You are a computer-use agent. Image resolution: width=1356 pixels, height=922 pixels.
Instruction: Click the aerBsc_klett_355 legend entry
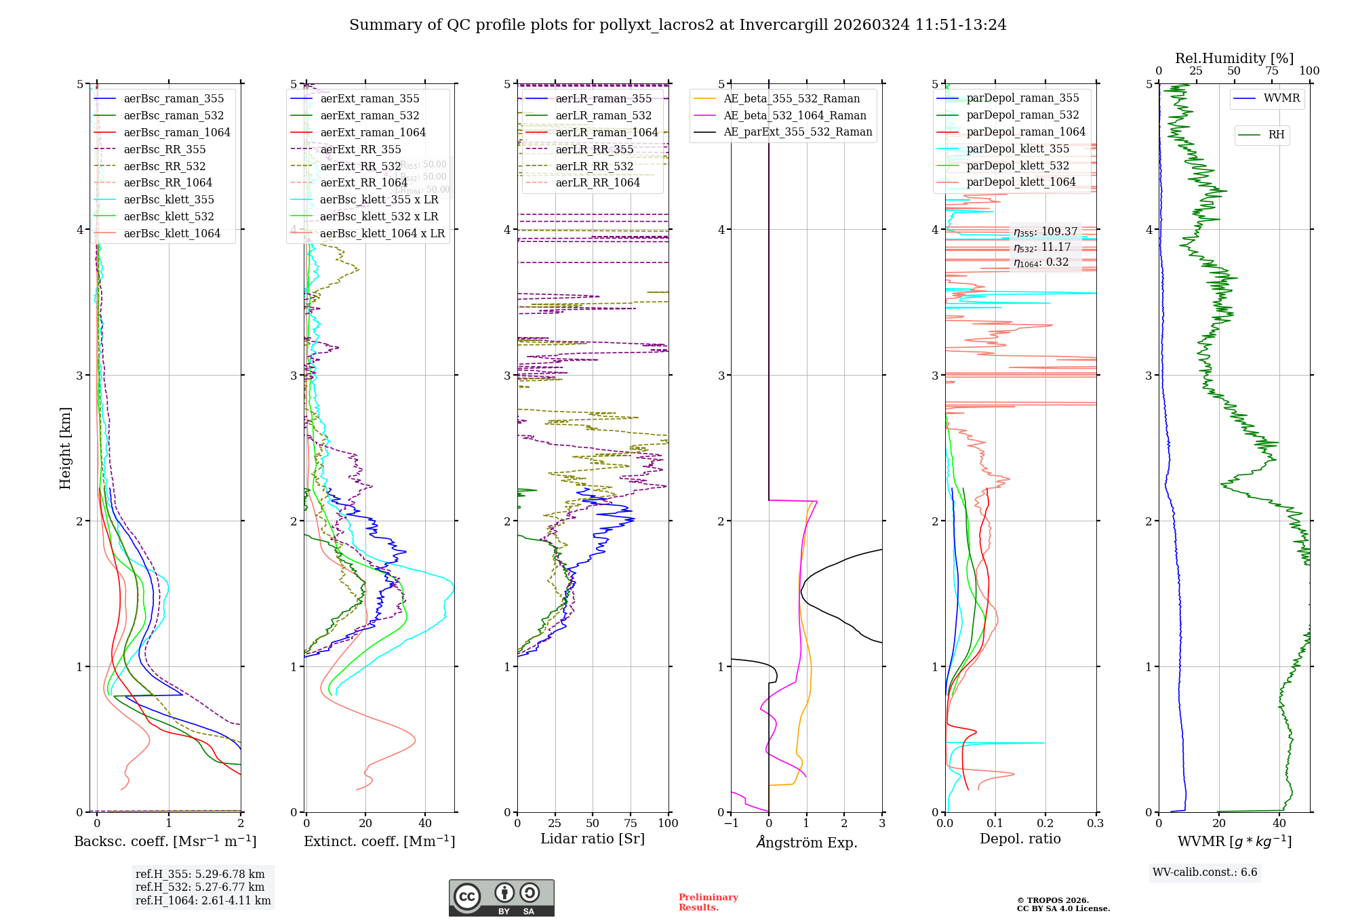(168, 200)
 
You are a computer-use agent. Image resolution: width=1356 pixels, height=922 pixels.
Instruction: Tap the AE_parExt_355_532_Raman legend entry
(797, 132)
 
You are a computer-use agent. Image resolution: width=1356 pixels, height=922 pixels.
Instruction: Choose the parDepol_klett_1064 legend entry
(1020, 182)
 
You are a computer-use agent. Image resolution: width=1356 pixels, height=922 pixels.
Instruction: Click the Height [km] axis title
(65, 448)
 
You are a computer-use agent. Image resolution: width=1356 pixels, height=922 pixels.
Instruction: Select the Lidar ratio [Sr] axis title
(592, 839)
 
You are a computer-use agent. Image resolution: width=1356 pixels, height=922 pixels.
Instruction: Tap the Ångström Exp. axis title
(806, 842)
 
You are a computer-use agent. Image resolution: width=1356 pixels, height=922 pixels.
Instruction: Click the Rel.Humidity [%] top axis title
(1234, 58)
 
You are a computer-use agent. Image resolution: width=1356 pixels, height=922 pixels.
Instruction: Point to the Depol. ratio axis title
(1020, 839)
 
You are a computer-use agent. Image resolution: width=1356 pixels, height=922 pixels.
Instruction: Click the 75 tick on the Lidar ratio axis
(631, 823)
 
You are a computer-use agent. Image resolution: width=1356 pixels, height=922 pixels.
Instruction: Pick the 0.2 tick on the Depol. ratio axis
(1045, 823)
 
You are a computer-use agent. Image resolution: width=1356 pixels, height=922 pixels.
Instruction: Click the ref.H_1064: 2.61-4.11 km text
(203, 901)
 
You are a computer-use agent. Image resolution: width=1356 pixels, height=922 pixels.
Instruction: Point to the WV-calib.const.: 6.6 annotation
(1205, 873)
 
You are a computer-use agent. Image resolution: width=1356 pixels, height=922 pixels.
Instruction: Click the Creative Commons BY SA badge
(501, 898)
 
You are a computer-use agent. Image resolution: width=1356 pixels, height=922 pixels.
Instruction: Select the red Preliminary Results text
(708, 902)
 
